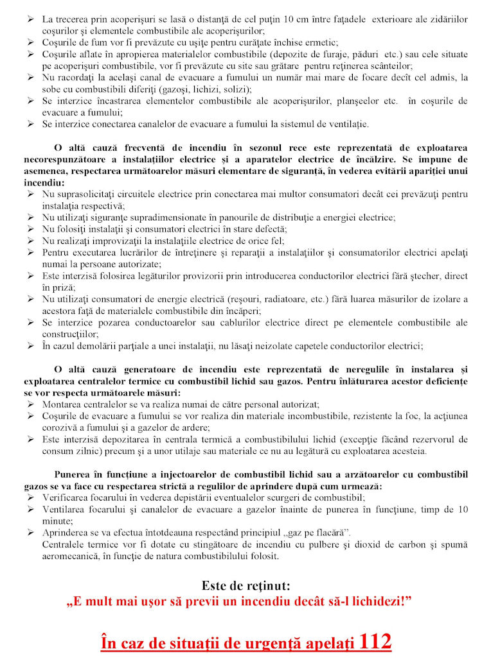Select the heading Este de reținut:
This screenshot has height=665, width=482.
(x=246, y=585)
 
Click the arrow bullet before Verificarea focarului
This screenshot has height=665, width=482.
(x=30, y=497)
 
